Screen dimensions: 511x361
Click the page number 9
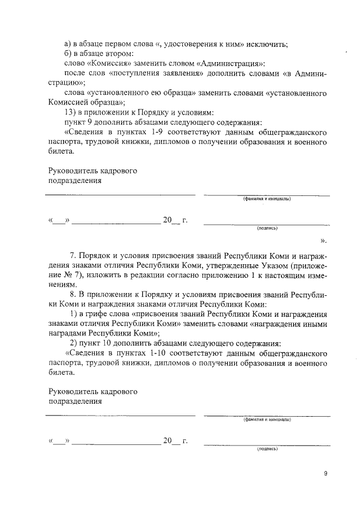[325, 474]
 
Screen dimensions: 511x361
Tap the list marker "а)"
[69, 45]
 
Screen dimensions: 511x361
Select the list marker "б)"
[69, 54]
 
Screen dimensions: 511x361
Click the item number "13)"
[72, 112]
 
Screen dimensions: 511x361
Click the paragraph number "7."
[73, 255]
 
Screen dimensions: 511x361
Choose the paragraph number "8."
[73, 294]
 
